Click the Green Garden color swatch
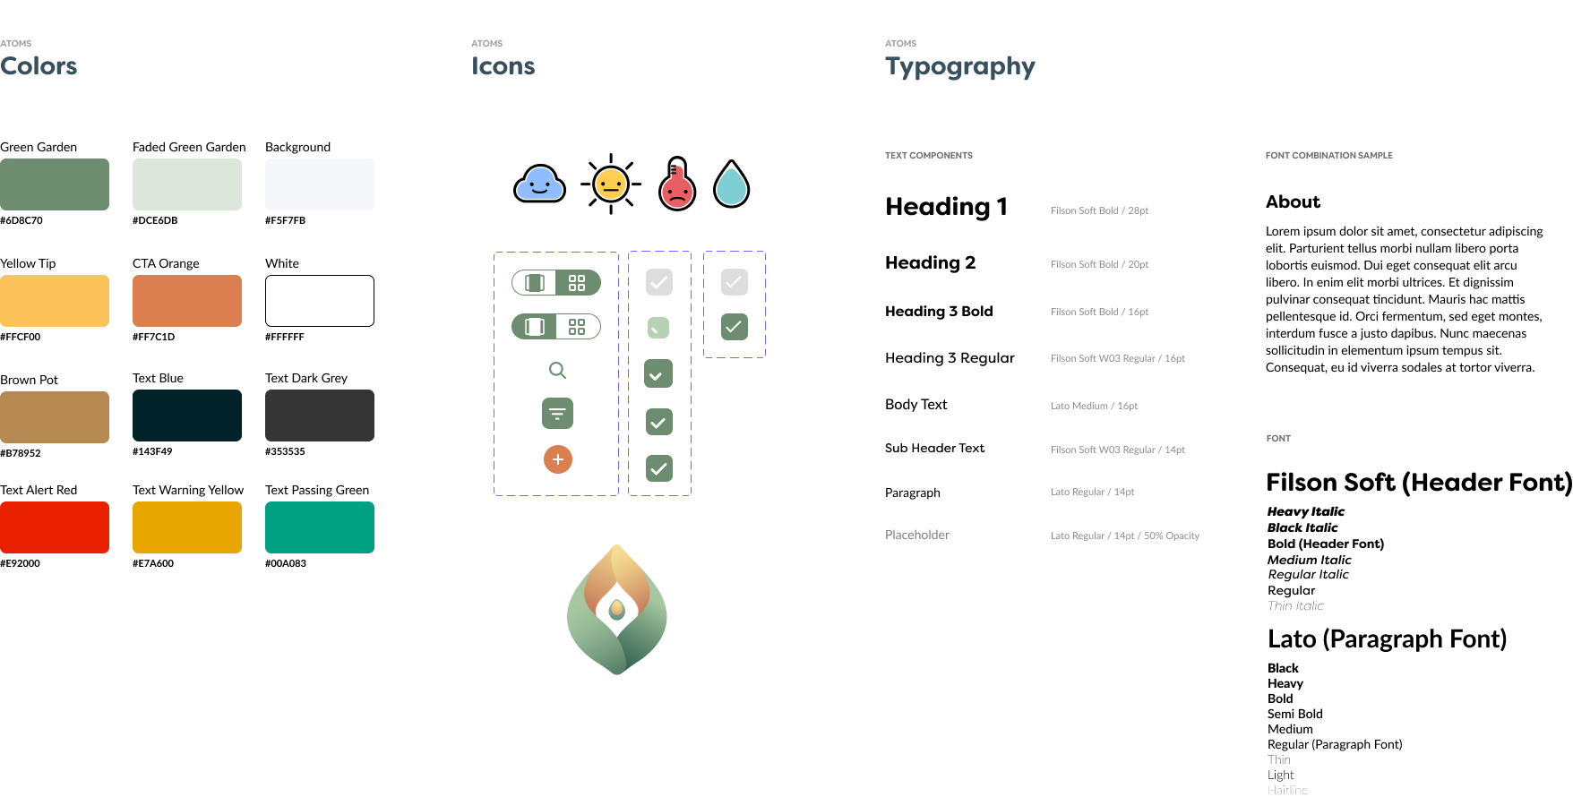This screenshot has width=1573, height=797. pos(55,184)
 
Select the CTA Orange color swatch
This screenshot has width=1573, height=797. pos(187,301)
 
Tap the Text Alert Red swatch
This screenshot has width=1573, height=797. pos(55,527)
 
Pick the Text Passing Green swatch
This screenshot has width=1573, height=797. pos(320,527)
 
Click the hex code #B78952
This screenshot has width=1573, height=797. pos(21,453)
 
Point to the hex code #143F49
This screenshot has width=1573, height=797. pos(152,451)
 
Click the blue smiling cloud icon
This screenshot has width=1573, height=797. pos(539,184)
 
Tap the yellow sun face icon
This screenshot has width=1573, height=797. pos(611,184)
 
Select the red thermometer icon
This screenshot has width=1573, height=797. pos(677,184)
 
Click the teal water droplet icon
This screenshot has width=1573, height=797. pos(731,184)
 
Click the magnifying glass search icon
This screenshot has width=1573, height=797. pos(557,370)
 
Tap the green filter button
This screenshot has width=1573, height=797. pos(557,414)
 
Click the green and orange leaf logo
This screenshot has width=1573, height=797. pos(617,609)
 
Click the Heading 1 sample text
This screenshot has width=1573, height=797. pos(946,207)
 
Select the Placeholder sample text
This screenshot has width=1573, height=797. pos(917,535)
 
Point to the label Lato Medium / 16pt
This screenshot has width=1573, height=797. pos(1094,406)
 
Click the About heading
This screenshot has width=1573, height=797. pos(1293,201)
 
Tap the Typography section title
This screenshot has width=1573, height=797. pos(959,67)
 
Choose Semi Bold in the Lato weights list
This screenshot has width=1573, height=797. pos(1294,714)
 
